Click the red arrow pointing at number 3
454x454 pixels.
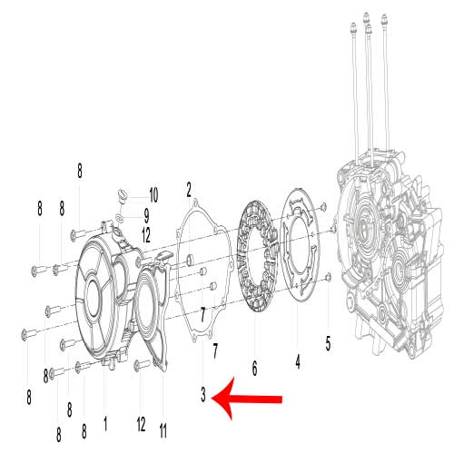pyautogui.click(x=247, y=399)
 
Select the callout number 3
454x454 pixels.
pyautogui.click(x=203, y=394)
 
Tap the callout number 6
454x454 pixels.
pyautogui.click(x=255, y=369)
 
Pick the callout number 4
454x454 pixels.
pyautogui.click(x=298, y=361)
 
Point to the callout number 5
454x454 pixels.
pyautogui.click(x=328, y=343)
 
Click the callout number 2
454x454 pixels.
pyautogui.click(x=189, y=190)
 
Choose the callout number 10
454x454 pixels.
pyautogui.click(x=153, y=195)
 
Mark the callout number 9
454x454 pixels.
pyautogui.click(x=146, y=215)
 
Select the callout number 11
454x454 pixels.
pyautogui.click(x=163, y=430)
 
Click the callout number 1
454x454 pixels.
pyautogui.click(x=105, y=423)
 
